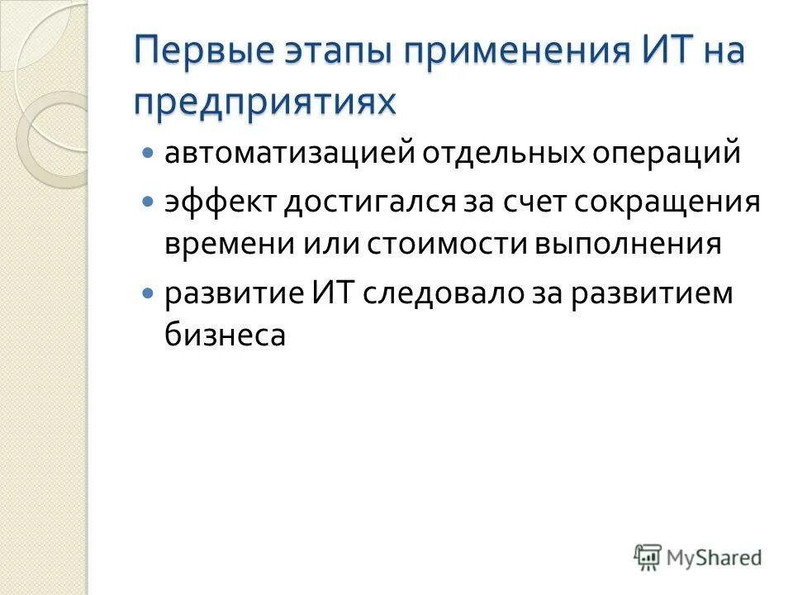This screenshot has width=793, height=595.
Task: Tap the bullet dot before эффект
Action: (149, 202)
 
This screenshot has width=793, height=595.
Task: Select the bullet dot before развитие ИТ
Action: (149, 293)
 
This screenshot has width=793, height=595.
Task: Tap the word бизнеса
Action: (226, 337)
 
